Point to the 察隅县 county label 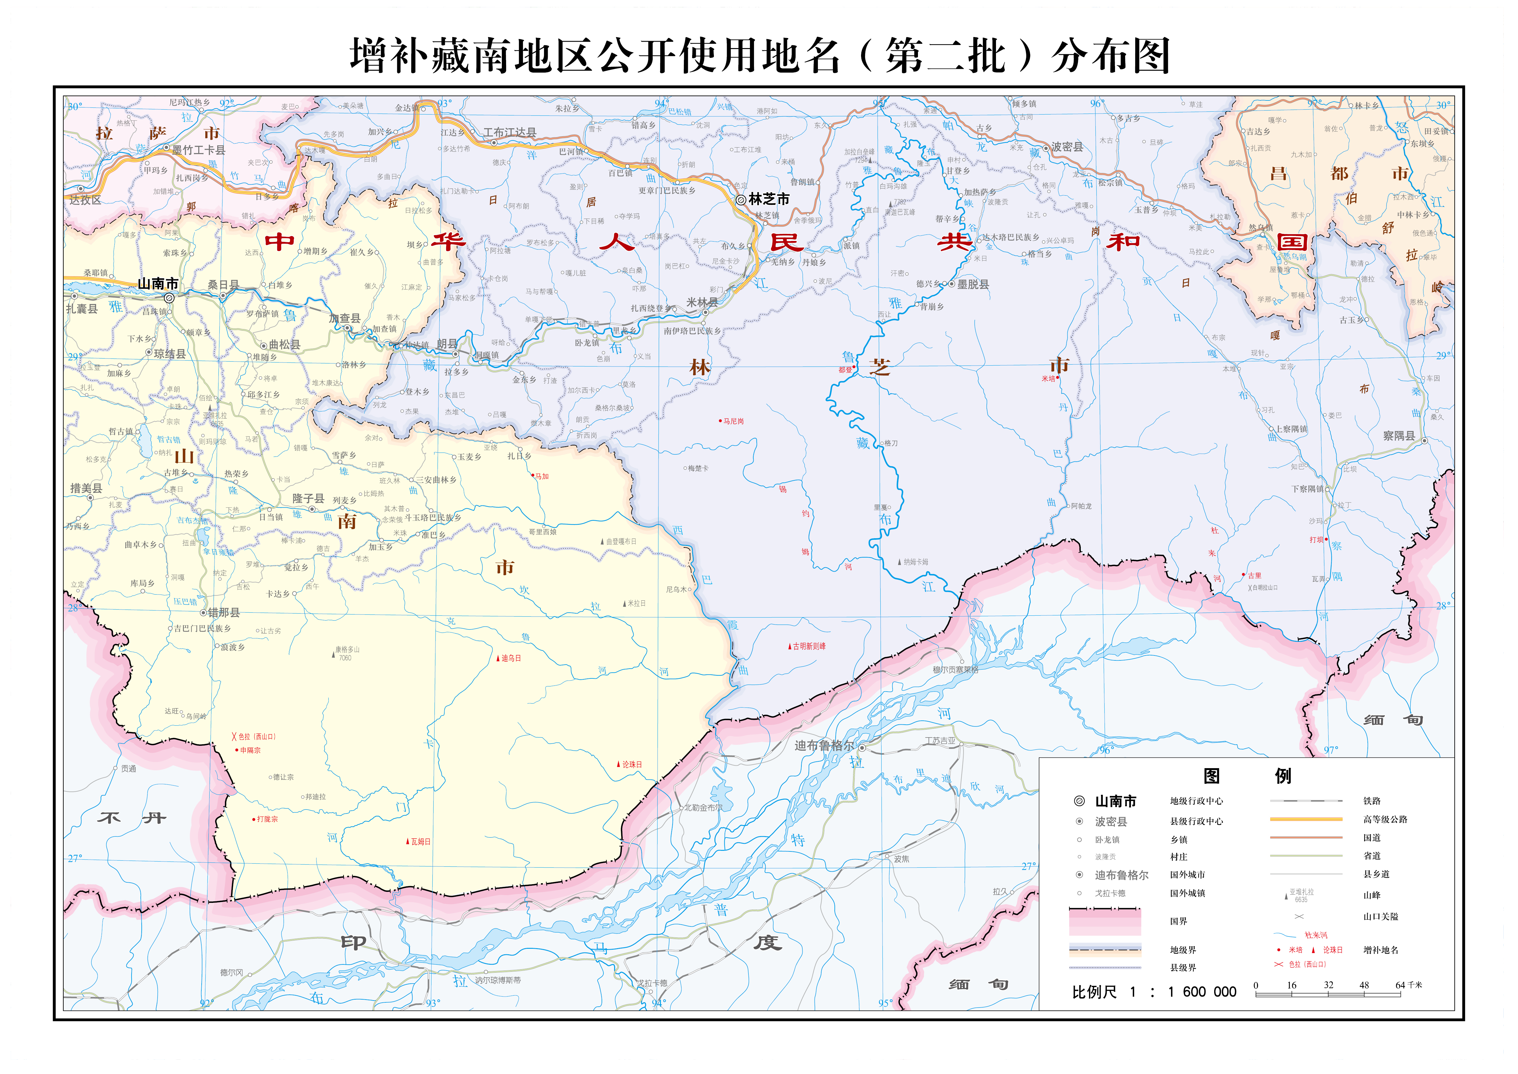(1399, 436)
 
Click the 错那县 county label (223, 612)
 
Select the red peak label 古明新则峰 (809, 646)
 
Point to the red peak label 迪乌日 (510, 658)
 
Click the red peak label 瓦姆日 (420, 842)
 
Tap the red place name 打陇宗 (267, 819)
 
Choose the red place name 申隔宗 (250, 751)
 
